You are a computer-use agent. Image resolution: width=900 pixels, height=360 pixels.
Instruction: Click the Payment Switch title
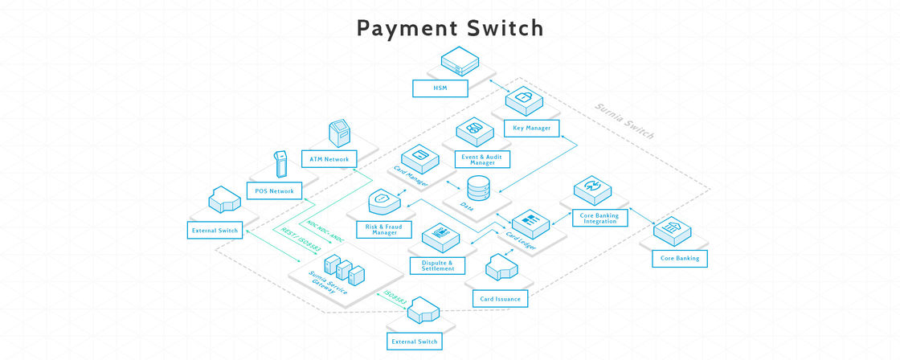point(450,28)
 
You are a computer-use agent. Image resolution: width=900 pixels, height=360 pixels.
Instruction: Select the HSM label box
point(440,88)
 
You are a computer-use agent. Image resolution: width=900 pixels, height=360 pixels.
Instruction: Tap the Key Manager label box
point(532,128)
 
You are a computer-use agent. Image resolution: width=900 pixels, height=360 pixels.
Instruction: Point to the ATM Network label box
point(329,160)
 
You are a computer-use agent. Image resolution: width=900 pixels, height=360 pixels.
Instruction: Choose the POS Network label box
point(275,191)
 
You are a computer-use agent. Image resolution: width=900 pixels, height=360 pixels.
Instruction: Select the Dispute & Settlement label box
point(437,264)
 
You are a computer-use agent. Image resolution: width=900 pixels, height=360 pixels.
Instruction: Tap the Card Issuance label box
point(501,299)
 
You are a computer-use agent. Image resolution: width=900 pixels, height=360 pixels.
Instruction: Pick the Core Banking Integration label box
point(599,219)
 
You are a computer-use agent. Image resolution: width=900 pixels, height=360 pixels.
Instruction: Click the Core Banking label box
point(680,259)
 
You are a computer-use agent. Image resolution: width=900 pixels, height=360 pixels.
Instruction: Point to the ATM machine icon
point(340,133)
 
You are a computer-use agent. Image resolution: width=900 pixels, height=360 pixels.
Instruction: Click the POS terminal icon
point(280,164)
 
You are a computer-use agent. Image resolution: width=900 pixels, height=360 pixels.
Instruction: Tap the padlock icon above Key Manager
point(523,100)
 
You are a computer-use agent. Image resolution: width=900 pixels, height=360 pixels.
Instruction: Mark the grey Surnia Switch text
point(624,121)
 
